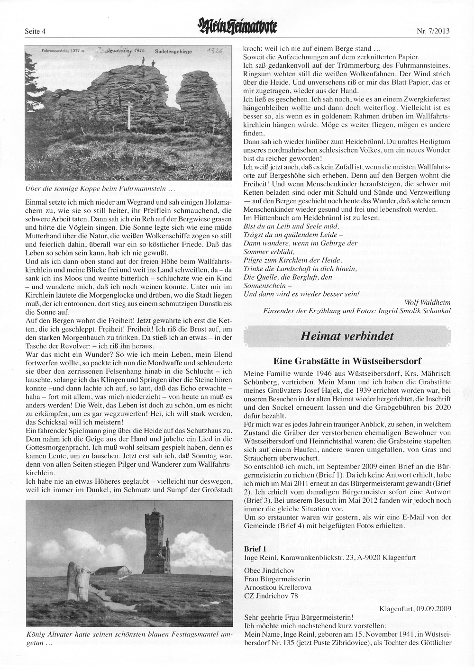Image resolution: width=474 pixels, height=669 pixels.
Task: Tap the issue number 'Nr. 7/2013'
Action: pyautogui.click(x=433, y=32)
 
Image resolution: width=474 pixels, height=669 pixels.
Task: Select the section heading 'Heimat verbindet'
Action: pyautogui.click(x=347, y=336)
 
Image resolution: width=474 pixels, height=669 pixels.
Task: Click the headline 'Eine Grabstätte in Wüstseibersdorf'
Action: pyautogui.click(x=347, y=361)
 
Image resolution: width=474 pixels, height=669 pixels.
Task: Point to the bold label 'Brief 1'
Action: pyautogui.click(x=255, y=548)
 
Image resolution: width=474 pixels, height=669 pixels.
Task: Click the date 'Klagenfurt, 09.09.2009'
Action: pyautogui.click(x=415, y=608)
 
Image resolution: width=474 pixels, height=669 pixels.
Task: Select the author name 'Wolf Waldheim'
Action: pyautogui.click(x=428, y=302)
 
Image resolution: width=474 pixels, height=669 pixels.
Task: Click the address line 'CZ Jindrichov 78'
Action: pyautogui.click(x=271, y=596)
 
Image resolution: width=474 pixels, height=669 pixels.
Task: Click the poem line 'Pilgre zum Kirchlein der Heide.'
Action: pyautogui.click(x=292, y=260)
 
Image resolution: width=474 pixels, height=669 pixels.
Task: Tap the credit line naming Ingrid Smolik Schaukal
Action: pyautogui.click(x=357, y=310)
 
